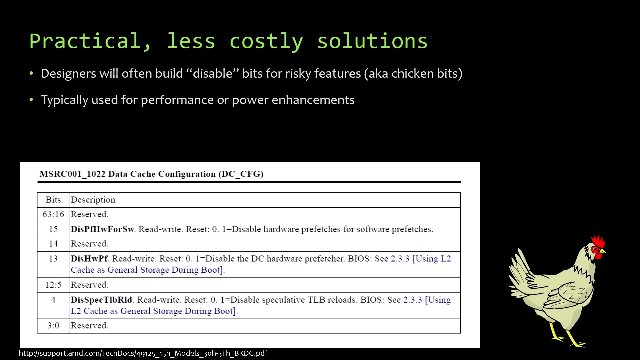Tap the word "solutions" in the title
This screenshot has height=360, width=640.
coord(372,41)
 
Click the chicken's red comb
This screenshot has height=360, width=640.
coord(598,241)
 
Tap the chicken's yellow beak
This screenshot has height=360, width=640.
coord(603,251)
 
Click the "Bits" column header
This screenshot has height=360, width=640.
coord(53,200)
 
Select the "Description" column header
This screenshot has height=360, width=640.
coord(93,200)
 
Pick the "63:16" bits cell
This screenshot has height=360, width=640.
coord(53,214)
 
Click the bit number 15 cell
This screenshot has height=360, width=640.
coord(53,229)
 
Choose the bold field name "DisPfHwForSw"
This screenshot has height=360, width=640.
coord(102,229)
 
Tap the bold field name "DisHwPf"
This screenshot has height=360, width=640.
coord(89,259)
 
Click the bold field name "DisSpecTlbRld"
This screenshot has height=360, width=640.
coord(101,300)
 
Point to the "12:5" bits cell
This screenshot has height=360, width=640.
coord(53,285)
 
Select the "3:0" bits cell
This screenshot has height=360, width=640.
coord(53,326)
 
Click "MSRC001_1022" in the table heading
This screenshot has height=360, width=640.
coord(72,174)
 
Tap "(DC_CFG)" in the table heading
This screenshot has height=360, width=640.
coord(241,174)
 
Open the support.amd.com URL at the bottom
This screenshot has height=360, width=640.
coord(143,353)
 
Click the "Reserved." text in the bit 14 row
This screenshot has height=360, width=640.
coord(89,244)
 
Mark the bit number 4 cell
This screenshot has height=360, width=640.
coord(53,300)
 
